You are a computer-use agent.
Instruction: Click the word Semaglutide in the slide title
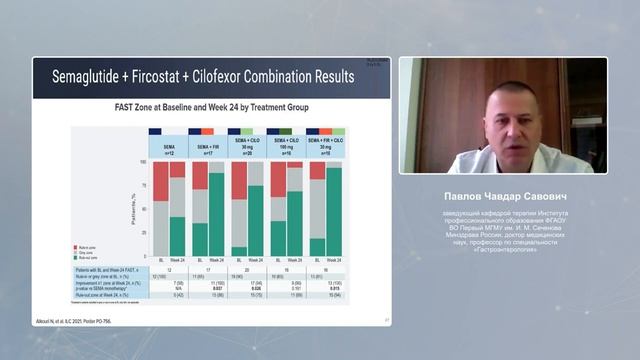pyautogui.click(x=84, y=76)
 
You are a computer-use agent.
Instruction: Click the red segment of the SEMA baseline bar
pyautogui.click(x=160, y=181)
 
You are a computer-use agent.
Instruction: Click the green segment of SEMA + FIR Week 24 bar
pyautogui.click(x=216, y=215)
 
